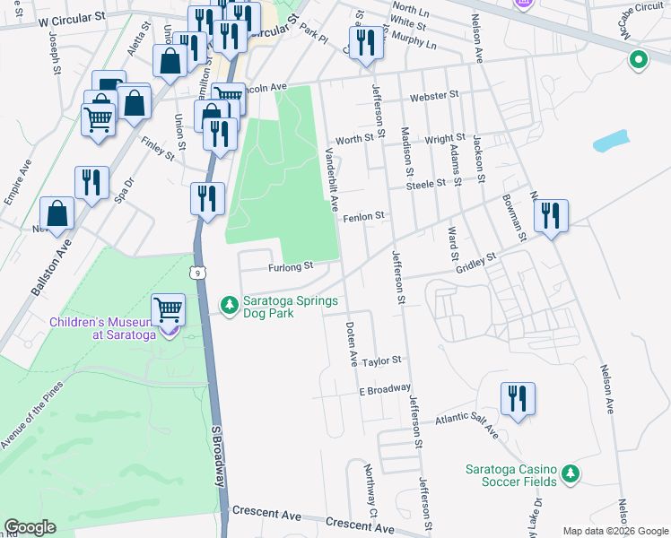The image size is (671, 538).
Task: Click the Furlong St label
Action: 289,266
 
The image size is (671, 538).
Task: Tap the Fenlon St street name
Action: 362,216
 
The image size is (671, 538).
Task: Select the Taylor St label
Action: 380,359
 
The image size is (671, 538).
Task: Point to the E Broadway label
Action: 384,388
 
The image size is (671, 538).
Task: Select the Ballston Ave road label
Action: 50,266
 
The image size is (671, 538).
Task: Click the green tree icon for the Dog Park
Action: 231,307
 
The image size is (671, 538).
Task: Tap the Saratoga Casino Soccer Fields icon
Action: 567,473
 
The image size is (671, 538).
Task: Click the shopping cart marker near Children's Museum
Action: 168,310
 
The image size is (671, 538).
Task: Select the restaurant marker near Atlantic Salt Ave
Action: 518,398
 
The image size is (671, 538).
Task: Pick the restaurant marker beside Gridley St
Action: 551,216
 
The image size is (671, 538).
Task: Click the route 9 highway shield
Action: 197,271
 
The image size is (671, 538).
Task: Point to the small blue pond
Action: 611,141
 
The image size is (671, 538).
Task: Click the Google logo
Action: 30,527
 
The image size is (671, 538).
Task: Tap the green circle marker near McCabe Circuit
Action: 638,60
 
